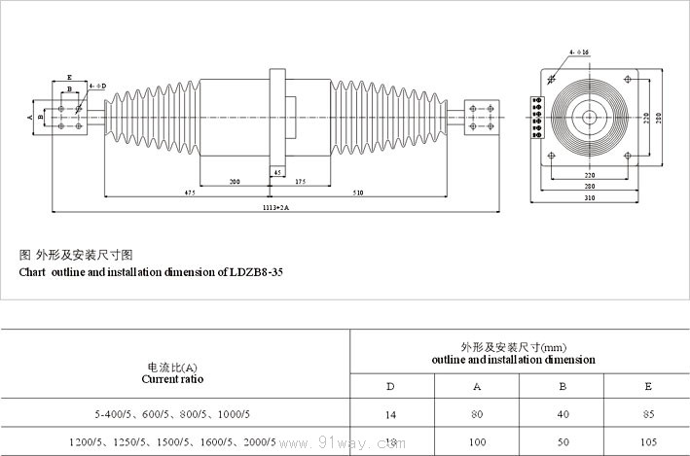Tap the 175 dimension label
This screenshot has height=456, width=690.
pyautogui.click(x=300, y=182)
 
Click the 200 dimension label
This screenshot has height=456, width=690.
pyautogui.click(x=235, y=182)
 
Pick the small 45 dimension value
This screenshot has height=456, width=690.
pyautogui.click(x=278, y=172)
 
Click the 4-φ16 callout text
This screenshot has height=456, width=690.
pyautogui.click(x=576, y=51)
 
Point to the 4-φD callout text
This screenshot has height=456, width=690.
pyautogui.click(x=97, y=86)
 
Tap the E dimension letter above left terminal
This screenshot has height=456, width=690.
pyautogui.click(x=69, y=76)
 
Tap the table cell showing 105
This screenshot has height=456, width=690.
pyautogui.click(x=648, y=441)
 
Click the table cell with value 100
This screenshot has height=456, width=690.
pyautogui.click(x=477, y=441)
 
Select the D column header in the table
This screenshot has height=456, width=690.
pyautogui.click(x=390, y=386)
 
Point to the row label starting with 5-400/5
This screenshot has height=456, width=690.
pyautogui.click(x=172, y=414)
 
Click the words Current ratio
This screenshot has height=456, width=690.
pyautogui.click(x=172, y=378)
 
